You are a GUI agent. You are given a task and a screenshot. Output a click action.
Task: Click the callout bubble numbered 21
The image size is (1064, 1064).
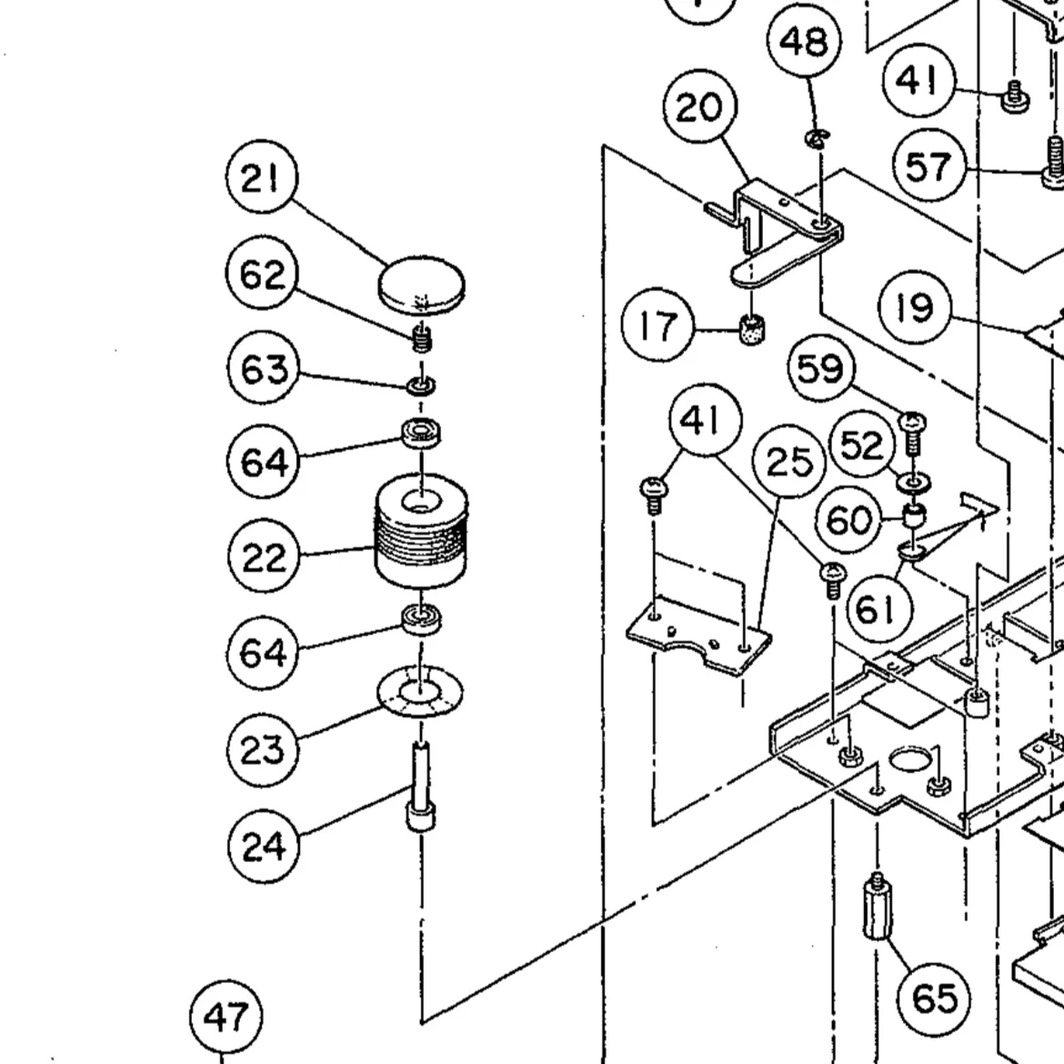tap(261, 176)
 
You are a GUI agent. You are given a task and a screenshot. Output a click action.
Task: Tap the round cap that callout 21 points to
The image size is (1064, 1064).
tap(421, 286)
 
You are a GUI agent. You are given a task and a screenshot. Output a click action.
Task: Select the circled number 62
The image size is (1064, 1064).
tap(262, 273)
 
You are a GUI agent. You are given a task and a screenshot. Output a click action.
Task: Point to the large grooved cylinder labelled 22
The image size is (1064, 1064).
tap(421, 531)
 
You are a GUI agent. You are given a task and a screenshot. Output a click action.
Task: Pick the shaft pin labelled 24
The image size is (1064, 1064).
tap(421, 786)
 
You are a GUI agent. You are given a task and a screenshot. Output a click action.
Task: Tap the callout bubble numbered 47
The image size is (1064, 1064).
tap(226, 1016)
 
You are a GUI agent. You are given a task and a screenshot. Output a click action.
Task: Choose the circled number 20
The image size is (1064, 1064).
tap(699, 106)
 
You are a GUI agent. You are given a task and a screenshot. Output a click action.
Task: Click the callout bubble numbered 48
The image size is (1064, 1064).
tap(804, 41)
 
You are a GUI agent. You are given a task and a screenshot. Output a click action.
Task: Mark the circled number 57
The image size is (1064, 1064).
tap(929, 166)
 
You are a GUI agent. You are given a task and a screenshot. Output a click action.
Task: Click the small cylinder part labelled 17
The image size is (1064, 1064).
tap(751, 329)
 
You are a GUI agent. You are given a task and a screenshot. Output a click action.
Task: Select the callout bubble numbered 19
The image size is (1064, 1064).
tap(915, 307)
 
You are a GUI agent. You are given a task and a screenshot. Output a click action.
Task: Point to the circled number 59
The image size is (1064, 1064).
tap(821, 367)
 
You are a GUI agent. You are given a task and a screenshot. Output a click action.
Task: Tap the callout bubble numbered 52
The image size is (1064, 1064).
tap(862, 445)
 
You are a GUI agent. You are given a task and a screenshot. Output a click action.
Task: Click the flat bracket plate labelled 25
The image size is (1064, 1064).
tap(698, 637)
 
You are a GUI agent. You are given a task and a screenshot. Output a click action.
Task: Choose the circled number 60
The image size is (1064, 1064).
tap(848, 520)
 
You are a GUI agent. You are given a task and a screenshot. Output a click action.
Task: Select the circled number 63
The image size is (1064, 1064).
tap(263, 368)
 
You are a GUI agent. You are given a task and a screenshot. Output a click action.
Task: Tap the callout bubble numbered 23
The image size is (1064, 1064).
tap(263, 750)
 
